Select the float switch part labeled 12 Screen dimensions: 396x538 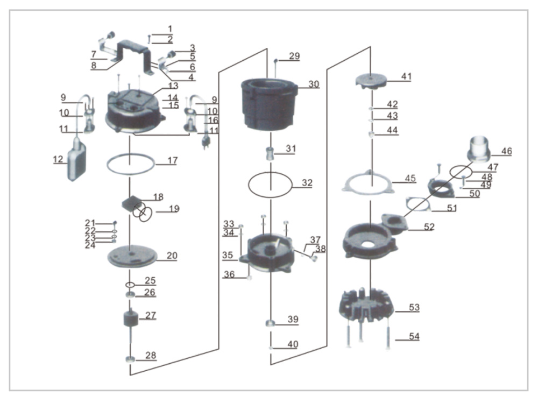tap(76, 160)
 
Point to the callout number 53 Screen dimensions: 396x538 tap(413, 307)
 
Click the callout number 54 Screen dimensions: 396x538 tap(413, 337)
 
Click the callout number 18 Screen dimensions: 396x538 tap(158, 197)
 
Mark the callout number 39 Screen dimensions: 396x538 tap(292, 319)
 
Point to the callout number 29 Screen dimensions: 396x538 tap(294, 56)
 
